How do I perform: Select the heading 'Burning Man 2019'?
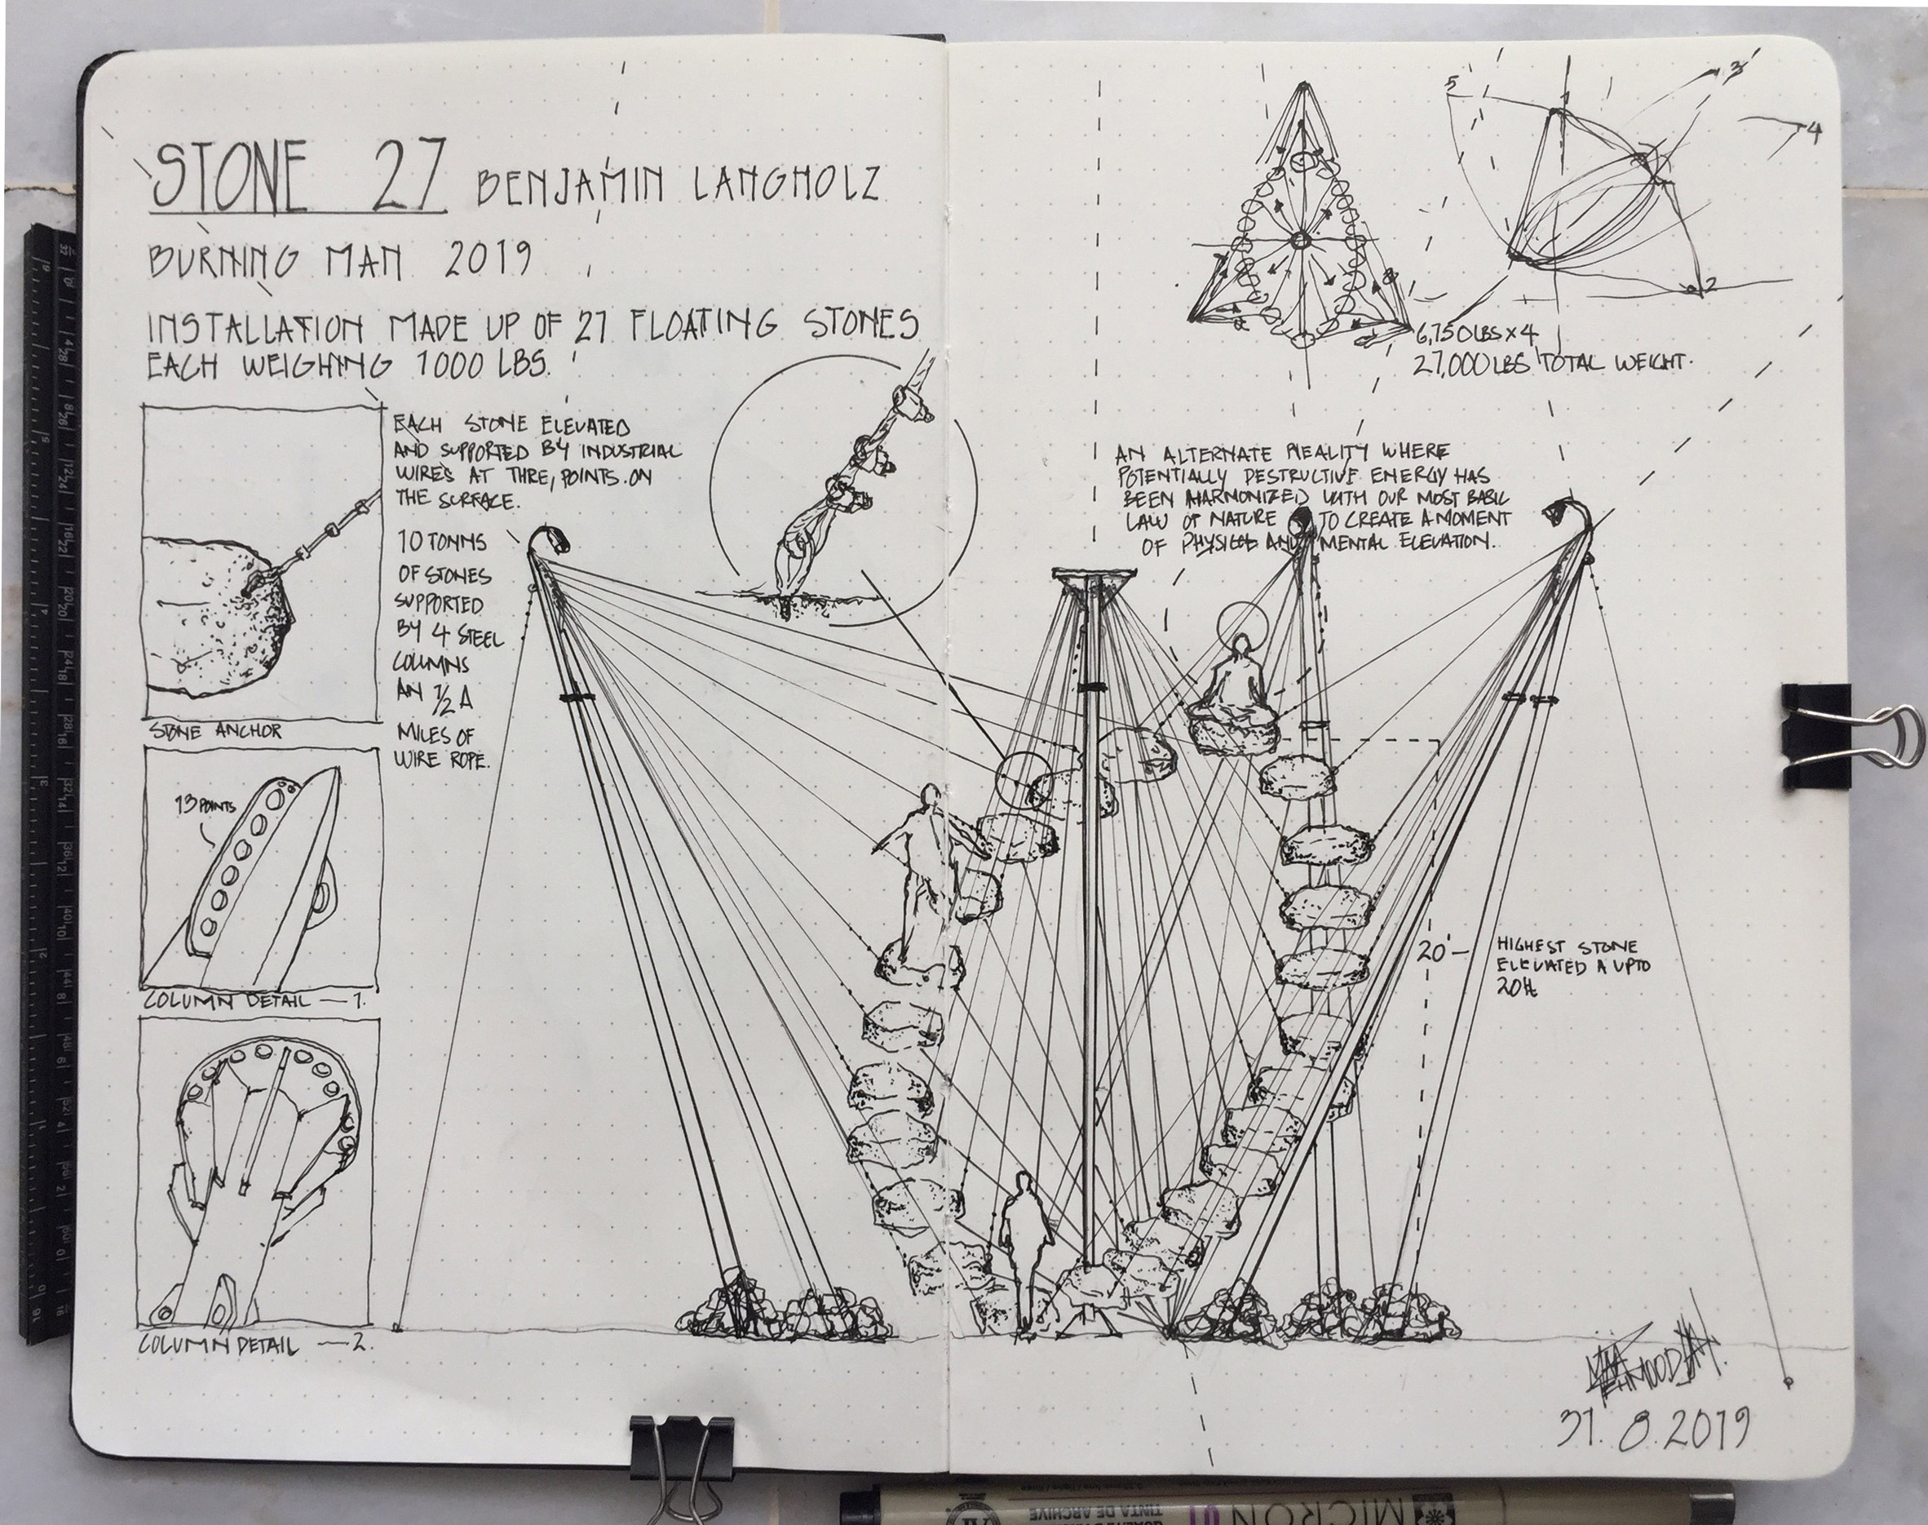tap(339, 259)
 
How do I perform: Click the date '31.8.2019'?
tap(1652, 1428)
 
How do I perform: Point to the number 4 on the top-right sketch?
tap(1812, 132)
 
